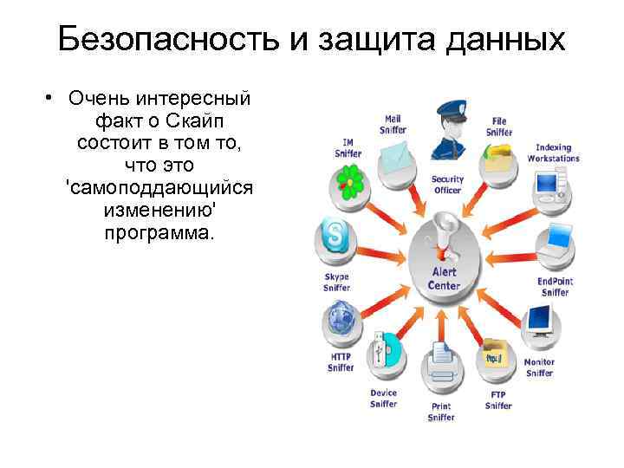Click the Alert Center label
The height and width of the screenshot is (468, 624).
[445, 278]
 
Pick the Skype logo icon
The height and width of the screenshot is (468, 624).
[335, 235]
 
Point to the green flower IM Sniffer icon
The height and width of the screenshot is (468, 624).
[348, 181]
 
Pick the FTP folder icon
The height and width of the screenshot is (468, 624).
[495, 355]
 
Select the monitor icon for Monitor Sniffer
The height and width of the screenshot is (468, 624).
[539, 322]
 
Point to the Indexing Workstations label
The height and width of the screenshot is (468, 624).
[554, 153]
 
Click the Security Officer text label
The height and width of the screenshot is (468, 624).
[448, 185]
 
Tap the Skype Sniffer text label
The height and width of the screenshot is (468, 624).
[336, 283]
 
